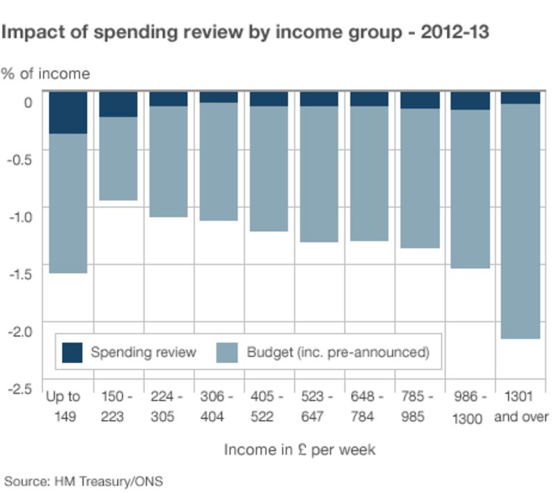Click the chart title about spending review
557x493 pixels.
246,33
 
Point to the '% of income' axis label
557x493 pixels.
46,73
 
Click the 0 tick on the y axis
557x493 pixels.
28,103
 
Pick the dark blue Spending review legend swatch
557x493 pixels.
72,353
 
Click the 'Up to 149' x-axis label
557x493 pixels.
63,406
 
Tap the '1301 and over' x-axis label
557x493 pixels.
521,406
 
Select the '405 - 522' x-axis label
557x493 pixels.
269,406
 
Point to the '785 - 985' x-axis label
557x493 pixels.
420,406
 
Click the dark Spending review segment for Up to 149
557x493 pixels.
68,112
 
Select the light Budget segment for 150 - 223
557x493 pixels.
118,159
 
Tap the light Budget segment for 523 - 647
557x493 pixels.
319,174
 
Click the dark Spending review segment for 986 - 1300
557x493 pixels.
470,101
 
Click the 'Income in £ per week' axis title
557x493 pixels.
299,450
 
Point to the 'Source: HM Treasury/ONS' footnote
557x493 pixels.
84,480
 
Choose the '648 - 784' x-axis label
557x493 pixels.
369,406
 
